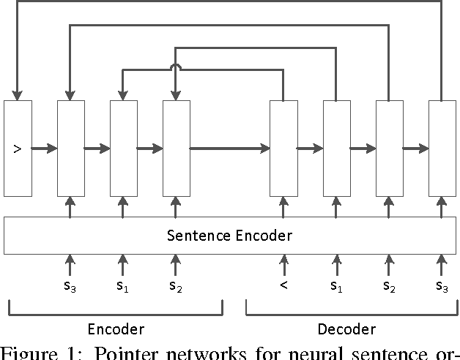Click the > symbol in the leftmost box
(18, 149)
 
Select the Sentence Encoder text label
(229, 235)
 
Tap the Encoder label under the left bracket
(116, 329)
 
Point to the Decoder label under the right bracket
(346, 329)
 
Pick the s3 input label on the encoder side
(70, 286)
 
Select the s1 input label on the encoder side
(123, 286)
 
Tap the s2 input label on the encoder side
(176, 286)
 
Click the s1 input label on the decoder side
(336, 286)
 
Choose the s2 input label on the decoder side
(389, 286)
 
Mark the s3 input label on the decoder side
(442, 286)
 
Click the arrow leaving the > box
(45, 149)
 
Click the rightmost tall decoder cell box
(442, 149)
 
